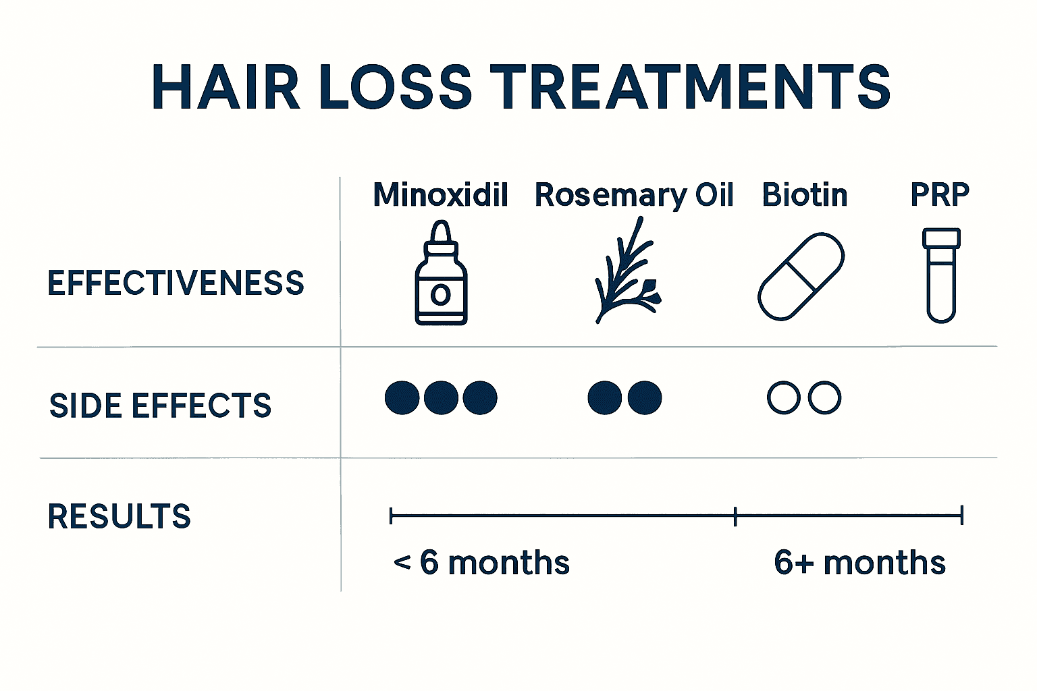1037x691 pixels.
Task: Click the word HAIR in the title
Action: click(225, 88)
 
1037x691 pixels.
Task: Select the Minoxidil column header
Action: click(440, 195)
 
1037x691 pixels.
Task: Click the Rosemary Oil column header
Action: click(633, 195)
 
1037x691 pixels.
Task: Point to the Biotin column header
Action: click(804, 195)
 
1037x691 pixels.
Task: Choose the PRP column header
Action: click(940, 194)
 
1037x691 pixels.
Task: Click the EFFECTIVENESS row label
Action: click(176, 283)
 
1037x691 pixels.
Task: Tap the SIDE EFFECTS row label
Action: click(160, 406)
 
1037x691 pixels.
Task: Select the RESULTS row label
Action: click(119, 517)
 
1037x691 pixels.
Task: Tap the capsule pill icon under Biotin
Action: click(801, 276)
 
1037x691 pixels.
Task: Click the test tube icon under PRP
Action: click(941, 275)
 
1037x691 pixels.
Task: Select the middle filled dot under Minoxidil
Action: click(441, 397)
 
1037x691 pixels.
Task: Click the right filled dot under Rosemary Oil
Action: click(645, 397)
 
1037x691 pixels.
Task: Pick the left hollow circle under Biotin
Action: click(784, 397)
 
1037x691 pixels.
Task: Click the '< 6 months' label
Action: click(481, 563)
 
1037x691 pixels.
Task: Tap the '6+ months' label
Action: click(859, 563)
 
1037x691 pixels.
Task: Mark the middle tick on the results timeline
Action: click(735, 517)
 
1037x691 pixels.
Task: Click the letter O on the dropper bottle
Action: click(440, 295)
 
